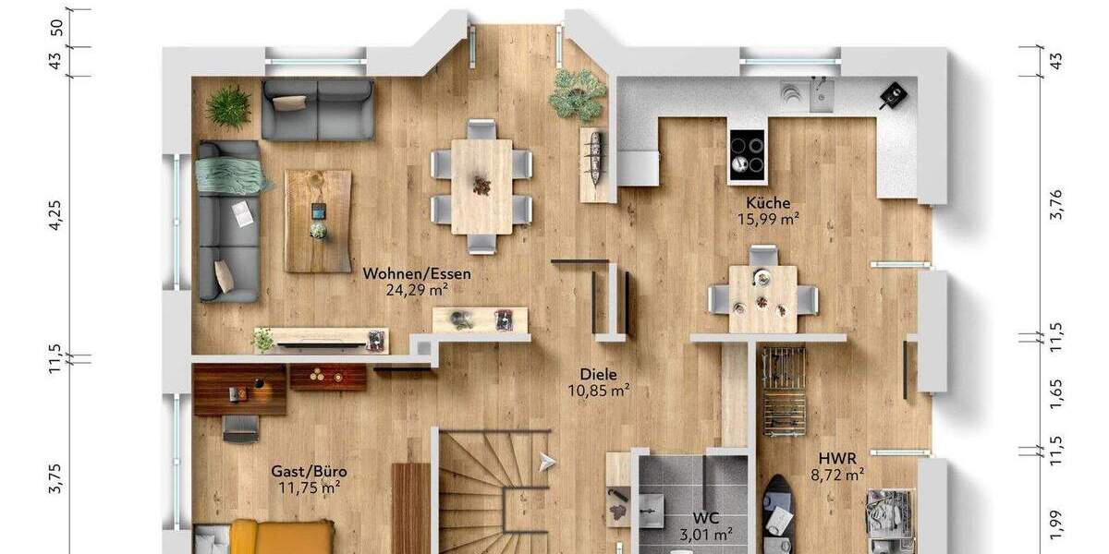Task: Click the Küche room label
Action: click(768, 203)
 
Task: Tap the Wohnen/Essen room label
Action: click(417, 273)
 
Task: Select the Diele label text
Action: click(598, 374)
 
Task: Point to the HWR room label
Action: click(837, 458)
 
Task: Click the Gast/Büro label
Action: click(309, 471)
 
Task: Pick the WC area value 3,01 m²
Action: click(706, 534)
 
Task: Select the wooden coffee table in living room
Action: click(318, 221)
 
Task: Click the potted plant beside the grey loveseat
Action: click(228, 106)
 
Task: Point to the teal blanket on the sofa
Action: click(229, 174)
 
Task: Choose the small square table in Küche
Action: click(762, 297)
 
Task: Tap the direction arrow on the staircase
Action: click(548, 459)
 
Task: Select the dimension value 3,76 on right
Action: click(1057, 204)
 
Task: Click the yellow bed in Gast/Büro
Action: click(268, 537)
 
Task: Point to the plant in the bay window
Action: click(579, 94)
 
